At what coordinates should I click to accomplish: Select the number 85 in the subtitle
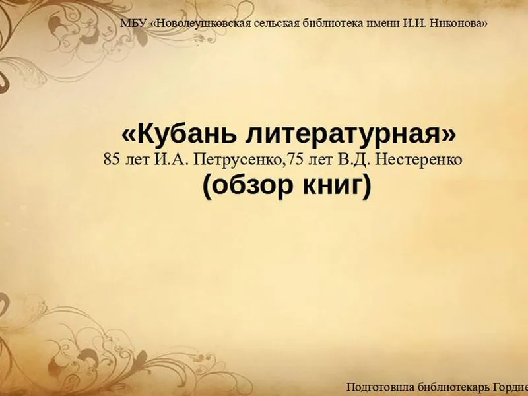coord(112,159)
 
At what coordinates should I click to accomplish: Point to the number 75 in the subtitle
coord(292,159)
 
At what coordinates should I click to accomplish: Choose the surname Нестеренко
coord(418,160)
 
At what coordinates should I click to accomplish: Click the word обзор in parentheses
coord(253,186)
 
